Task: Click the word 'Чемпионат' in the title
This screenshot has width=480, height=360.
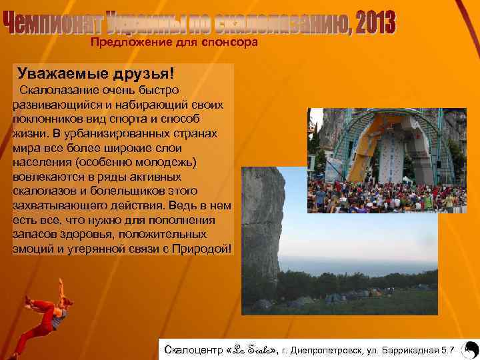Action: (54, 24)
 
